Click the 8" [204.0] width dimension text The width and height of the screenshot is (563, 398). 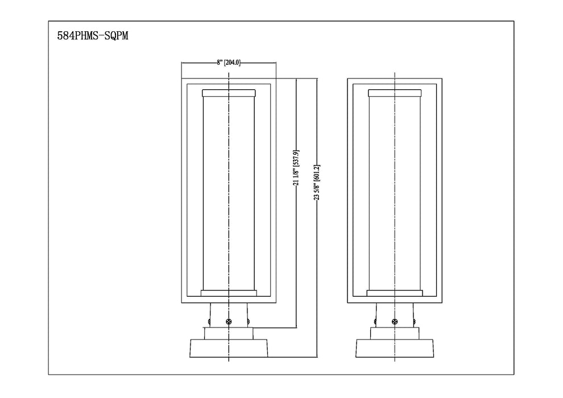[229, 63]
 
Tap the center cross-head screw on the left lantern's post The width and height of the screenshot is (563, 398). [229, 322]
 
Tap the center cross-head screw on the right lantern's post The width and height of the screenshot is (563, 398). [395, 322]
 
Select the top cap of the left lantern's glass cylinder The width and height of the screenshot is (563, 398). [229, 93]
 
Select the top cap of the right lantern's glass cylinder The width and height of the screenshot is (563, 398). [395, 93]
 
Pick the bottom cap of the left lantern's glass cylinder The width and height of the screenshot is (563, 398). [229, 293]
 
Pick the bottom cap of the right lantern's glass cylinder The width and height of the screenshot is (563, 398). [395, 293]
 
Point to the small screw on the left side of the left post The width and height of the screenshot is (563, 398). [209, 322]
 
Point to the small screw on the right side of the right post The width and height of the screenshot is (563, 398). [415, 322]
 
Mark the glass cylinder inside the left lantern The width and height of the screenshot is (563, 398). [216, 193]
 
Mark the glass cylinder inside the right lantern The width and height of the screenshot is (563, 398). [382, 193]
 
